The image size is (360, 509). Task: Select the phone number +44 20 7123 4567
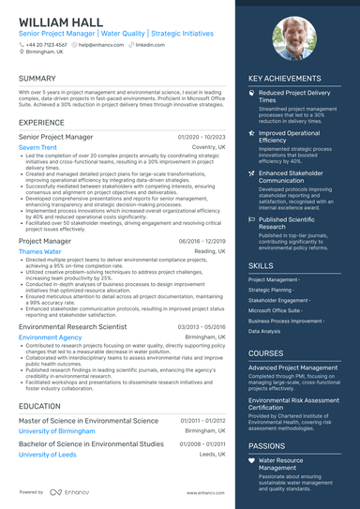coord(47,44)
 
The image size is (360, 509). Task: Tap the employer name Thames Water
coord(39,251)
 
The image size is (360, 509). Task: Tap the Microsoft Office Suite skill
coord(274,308)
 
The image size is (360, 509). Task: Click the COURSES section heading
coord(267,353)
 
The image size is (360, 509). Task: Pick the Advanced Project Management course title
coord(292,367)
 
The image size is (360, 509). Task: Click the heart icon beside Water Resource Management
coord(251,461)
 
